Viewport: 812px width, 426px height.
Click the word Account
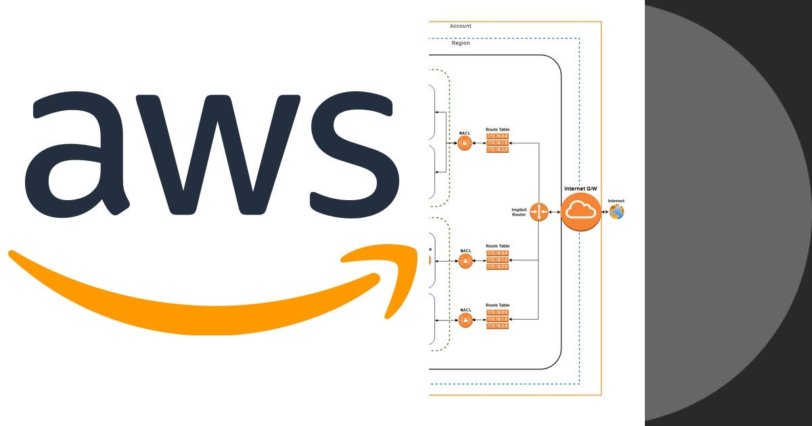pyautogui.click(x=460, y=26)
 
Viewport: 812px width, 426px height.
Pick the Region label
pyautogui.click(x=460, y=43)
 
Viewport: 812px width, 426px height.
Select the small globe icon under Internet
pyautogui.click(x=616, y=212)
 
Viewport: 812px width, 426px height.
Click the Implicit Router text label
pyautogui.click(x=519, y=212)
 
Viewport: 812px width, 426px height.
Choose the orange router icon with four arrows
pyautogui.click(x=539, y=212)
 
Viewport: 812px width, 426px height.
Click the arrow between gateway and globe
pyautogui.click(x=605, y=212)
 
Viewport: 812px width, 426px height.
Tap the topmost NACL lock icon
pyautogui.click(x=465, y=143)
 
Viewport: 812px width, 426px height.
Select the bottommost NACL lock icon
pyautogui.click(x=465, y=321)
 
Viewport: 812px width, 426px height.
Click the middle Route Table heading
pyautogui.click(x=497, y=246)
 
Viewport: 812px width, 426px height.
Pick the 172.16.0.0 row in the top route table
pyautogui.click(x=497, y=137)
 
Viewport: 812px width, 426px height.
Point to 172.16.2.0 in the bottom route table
pyautogui.click(x=497, y=326)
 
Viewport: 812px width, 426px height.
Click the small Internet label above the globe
pyautogui.click(x=616, y=201)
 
